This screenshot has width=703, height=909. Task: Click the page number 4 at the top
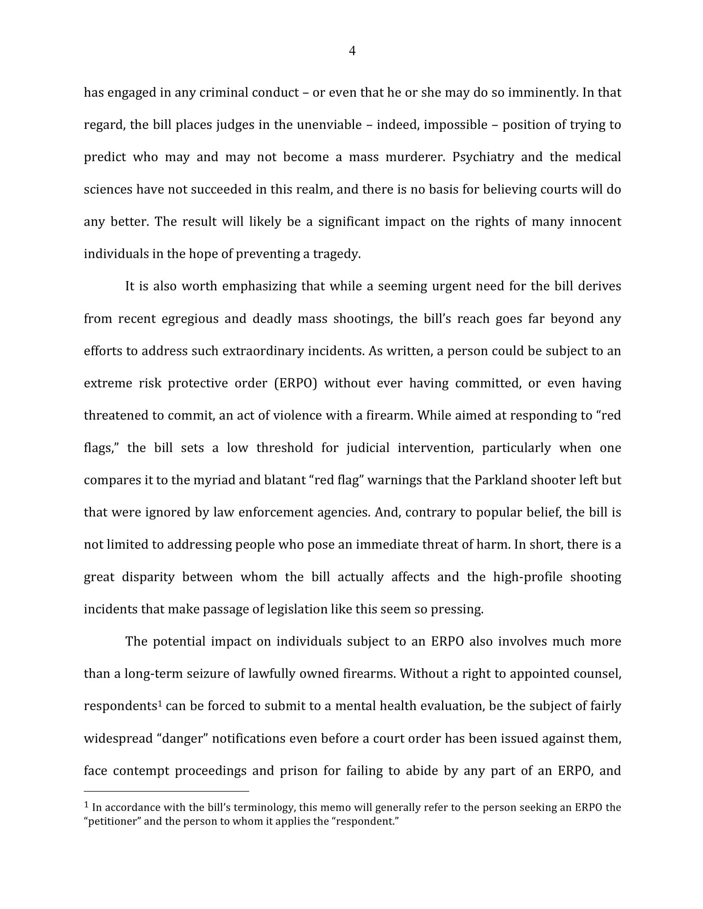352,51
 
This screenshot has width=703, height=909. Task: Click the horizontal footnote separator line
166,791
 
